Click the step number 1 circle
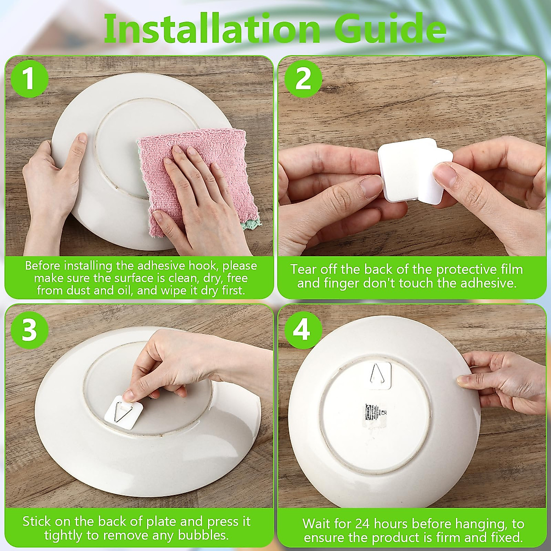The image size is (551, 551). pos(29,79)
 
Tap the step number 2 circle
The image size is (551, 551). pos(303,79)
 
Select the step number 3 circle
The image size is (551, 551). pos(29,330)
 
